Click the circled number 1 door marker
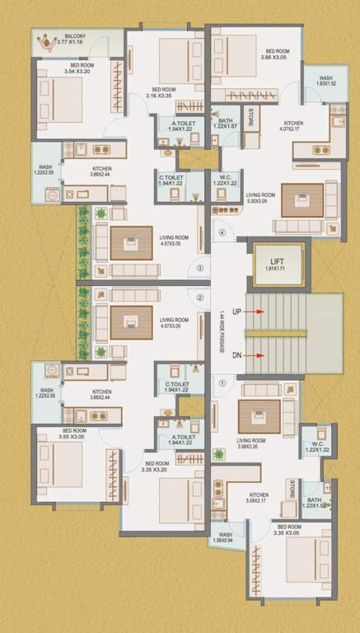click(x=221, y=382)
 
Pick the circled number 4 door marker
click(x=222, y=232)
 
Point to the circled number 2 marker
click(x=199, y=298)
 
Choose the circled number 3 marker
click(x=199, y=268)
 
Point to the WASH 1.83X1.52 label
click(x=326, y=82)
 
